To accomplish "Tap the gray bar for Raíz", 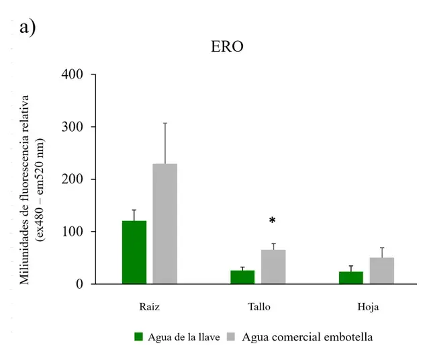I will click(x=165, y=224).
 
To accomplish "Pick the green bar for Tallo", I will click(x=242, y=277).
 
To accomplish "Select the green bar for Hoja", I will click(x=351, y=277).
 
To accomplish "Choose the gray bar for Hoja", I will click(x=382, y=271).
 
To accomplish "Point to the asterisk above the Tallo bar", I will click(x=273, y=221).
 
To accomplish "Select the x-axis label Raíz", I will click(x=149, y=307).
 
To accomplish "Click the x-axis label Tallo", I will click(x=258, y=307).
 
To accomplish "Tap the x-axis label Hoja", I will click(x=367, y=307).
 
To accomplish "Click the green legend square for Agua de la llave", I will click(x=140, y=336).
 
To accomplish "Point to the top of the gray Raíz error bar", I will click(x=165, y=123).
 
